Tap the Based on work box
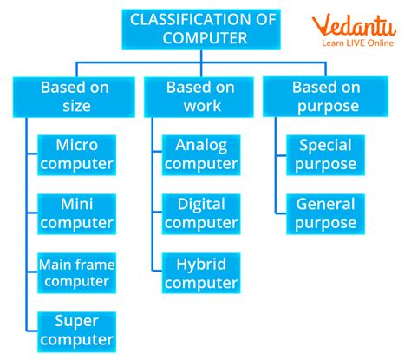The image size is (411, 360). click(200, 96)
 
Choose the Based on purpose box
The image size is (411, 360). click(325, 96)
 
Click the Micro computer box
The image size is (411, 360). click(76, 154)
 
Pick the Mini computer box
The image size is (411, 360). click(76, 213)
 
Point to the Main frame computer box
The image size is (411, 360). click(76, 272)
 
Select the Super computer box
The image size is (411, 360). click(76, 330)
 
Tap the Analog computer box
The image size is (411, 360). click(200, 154)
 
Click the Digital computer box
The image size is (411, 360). click(200, 213)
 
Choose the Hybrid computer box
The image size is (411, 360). click(200, 272)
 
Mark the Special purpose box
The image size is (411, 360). click(325, 154)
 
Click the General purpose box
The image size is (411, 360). click(325, 213)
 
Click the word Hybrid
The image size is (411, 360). click(200, 262)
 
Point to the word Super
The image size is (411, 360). click(76, 320)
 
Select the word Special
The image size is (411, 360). click(325, 144)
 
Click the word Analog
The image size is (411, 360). click(200, 144)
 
